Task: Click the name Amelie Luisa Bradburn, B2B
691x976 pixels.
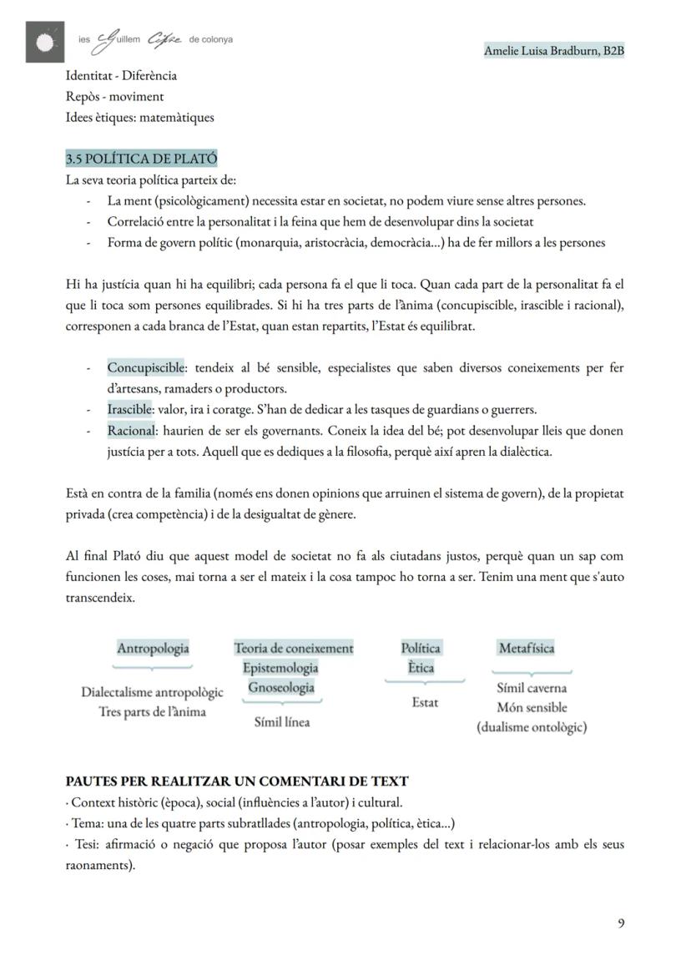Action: [554, 51]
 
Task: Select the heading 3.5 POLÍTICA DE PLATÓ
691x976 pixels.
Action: [141, 159]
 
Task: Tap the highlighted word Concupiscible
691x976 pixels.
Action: [146, 368]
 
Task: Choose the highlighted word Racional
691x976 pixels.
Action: [132, 431]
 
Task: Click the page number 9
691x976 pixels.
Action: [621, 923]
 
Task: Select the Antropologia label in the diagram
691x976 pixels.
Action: [153, 648]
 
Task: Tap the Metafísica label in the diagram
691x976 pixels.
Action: [526, 648]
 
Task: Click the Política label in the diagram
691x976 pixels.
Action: [421, 648]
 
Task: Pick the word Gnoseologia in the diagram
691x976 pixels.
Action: [281, 687]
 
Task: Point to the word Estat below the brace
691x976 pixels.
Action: [425, 702]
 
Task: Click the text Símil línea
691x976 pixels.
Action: [281, 722]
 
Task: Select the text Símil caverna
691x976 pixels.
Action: [532, 688]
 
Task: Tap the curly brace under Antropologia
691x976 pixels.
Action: [153, 667]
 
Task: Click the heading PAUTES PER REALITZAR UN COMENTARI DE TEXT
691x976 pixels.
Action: [237, 781]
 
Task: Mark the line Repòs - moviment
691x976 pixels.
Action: [114, 96]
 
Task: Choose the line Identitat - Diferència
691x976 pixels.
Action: [121, 75]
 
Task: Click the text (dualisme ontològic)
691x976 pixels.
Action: [532, 727]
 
